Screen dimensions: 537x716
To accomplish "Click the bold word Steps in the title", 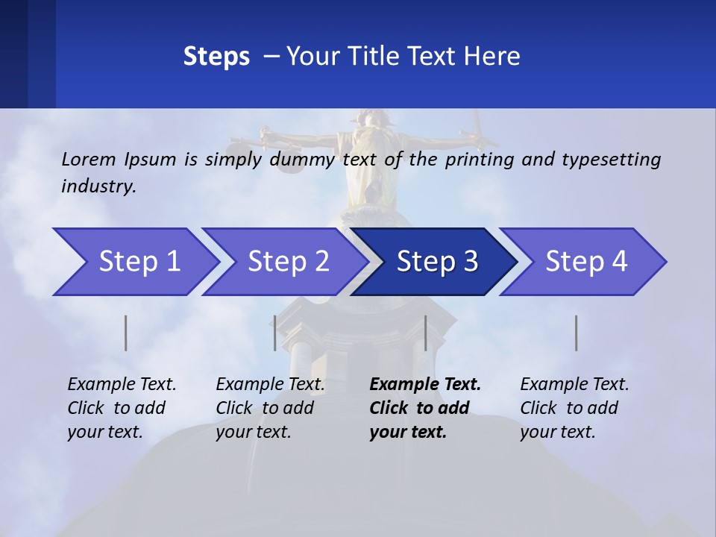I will coord(216,57).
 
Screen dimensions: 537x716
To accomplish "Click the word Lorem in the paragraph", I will coord(89,159).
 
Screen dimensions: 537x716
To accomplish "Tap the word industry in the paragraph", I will coord(98,186).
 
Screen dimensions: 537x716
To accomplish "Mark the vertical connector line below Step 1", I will coord(126,333).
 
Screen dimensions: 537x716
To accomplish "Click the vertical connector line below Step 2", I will coord(275,333).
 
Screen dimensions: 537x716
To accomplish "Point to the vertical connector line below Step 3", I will coord(425,333).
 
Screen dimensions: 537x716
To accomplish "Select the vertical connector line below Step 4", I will coord(577,333).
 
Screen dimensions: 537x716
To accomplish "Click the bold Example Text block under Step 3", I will coord(425,408).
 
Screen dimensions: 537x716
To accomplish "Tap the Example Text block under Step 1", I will coord(122,408).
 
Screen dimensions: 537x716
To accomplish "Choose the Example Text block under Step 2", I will coord(270,408).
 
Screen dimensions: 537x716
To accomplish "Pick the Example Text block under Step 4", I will coord(574,408).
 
